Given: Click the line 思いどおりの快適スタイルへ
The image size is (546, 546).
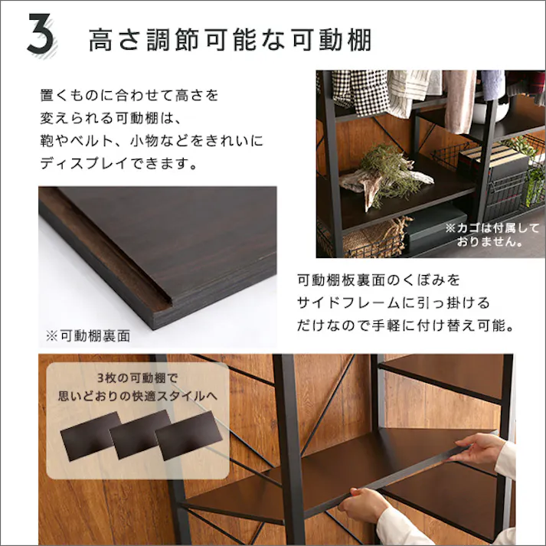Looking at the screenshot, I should (137, 397).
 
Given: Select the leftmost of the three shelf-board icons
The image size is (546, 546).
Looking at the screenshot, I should (91, 433).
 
